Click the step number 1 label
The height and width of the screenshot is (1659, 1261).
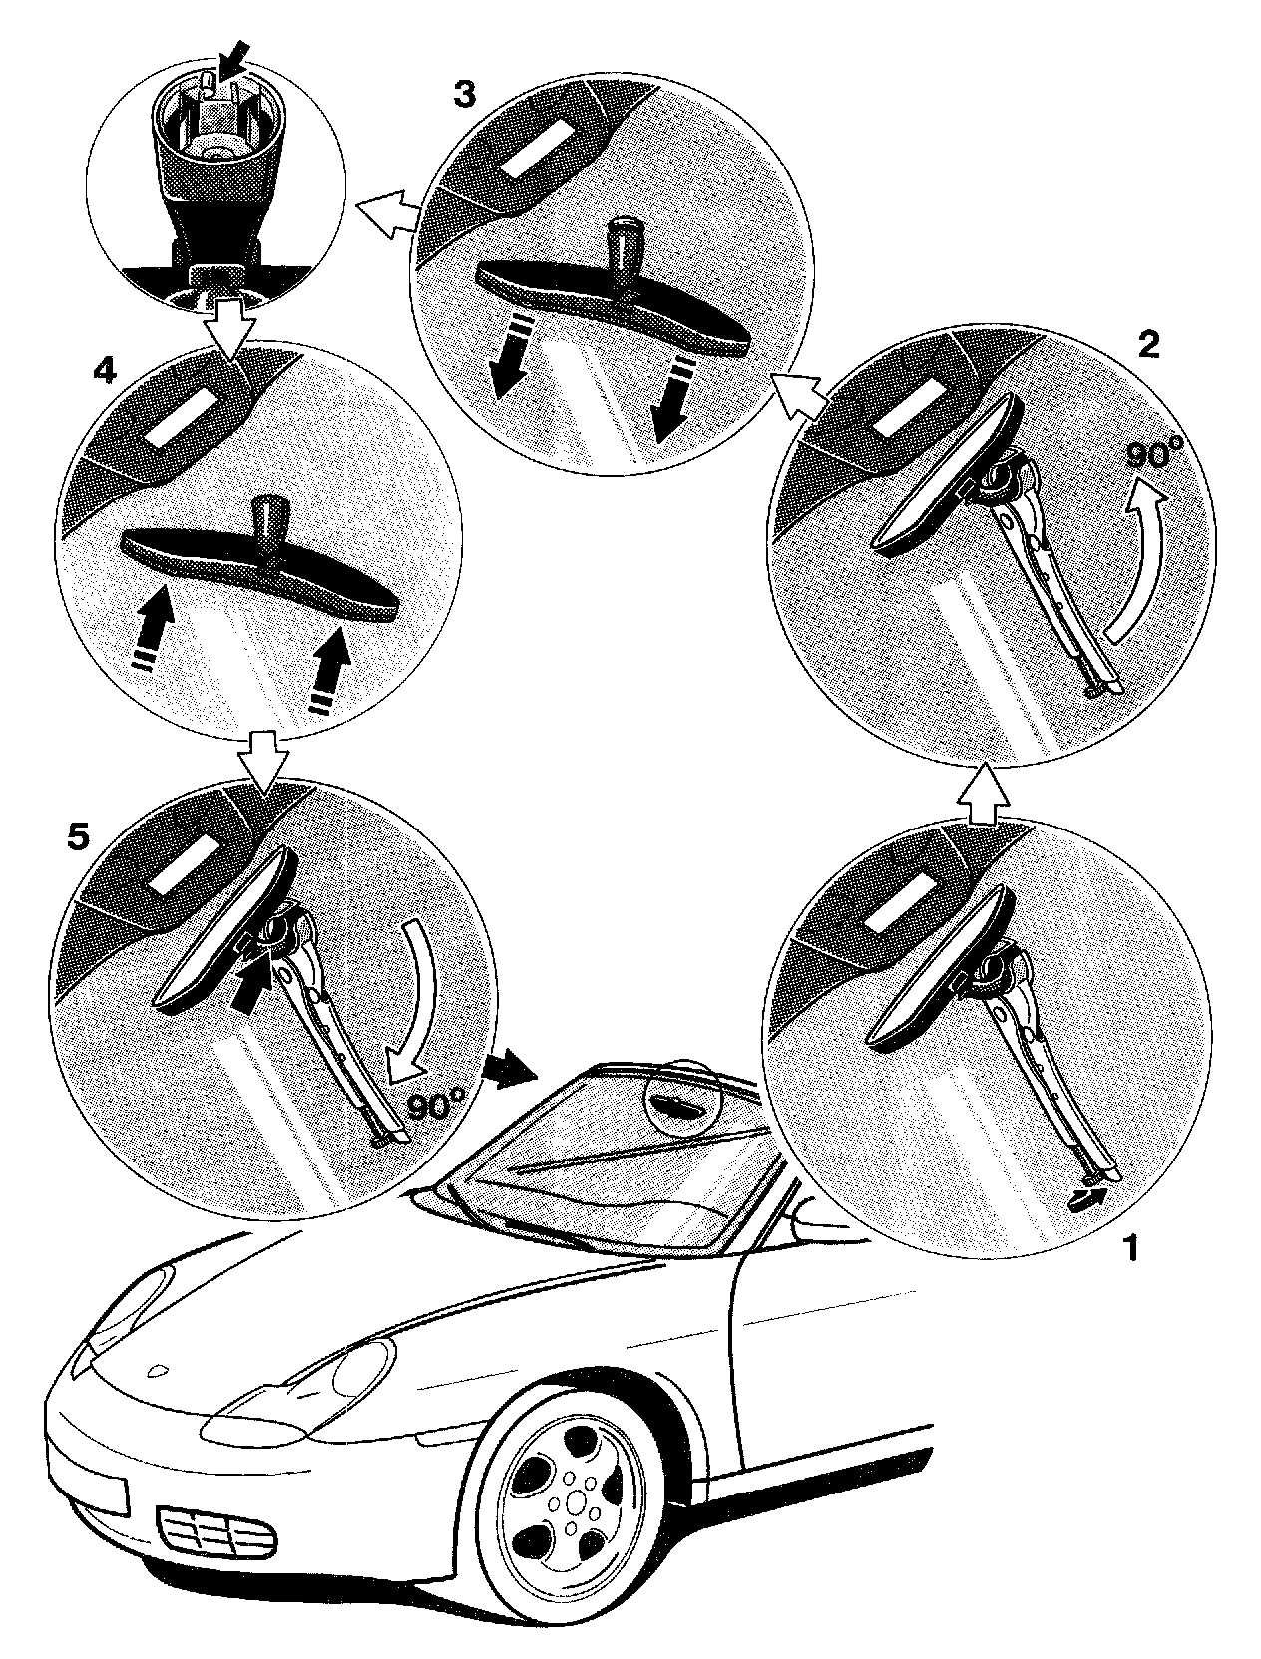(x=1129, y=1246)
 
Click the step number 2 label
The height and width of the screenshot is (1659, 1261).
(x=1149, y=344)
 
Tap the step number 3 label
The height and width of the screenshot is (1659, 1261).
(x=463, y=95)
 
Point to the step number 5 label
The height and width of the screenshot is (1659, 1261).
(x=77, y=835)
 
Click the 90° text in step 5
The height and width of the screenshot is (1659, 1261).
(x=436, y=1105)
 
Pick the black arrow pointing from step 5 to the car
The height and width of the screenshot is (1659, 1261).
(x=507, y=1068)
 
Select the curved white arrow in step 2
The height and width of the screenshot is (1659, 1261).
(x=1136, y=557)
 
